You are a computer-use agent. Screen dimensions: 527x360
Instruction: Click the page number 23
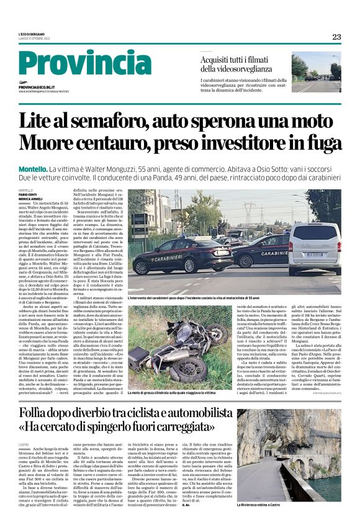tap(336, 37)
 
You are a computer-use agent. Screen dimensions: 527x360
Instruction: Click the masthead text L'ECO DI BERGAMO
tap(34, 34)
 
